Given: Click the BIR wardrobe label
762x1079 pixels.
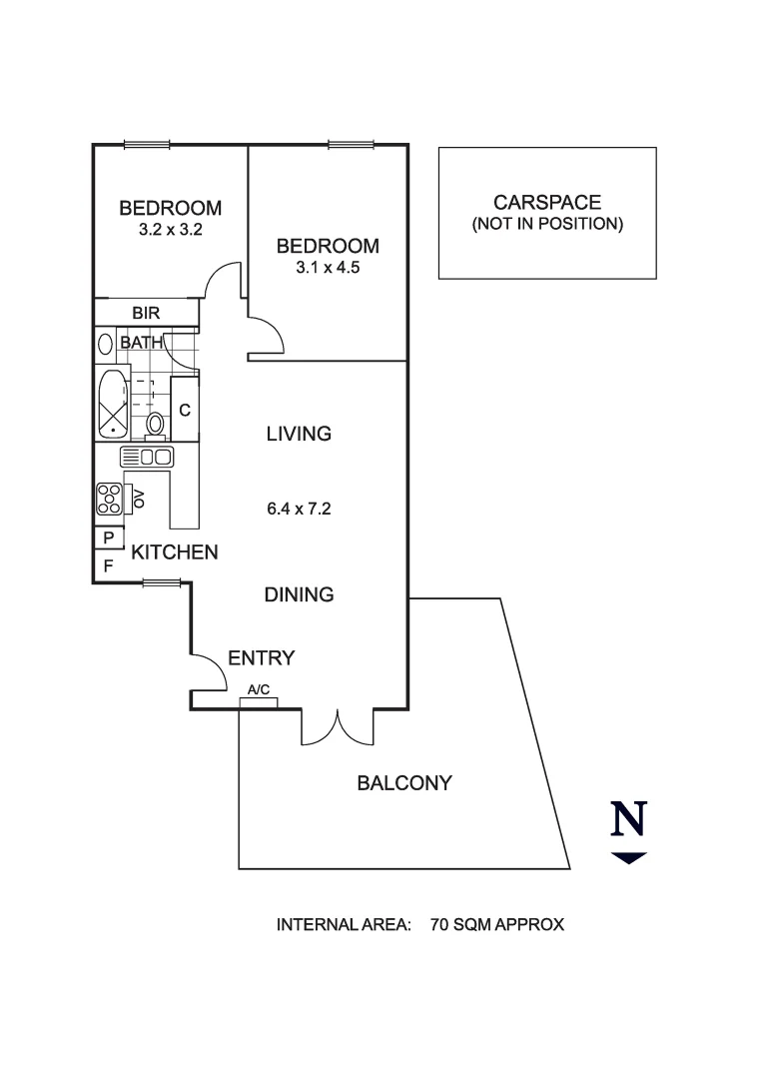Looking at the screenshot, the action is pos(146,313).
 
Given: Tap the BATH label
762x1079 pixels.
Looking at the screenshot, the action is pos(142,342).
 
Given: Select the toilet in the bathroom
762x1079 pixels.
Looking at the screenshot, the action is pos(156,426).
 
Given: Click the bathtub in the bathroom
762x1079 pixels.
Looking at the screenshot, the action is pos(112,405).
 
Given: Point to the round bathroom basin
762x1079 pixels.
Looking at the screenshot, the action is pos(105,344).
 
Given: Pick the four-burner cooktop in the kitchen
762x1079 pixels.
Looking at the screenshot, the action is pos(109,499).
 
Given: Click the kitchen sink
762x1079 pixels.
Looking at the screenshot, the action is pos(147,457).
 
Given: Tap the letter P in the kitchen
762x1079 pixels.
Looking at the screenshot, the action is pos(109,539).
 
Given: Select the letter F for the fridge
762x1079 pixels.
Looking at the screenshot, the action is pos(108,566).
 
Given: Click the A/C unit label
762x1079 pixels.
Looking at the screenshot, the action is pos(259,689).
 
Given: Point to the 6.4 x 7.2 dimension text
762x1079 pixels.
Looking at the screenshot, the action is pos(300,509).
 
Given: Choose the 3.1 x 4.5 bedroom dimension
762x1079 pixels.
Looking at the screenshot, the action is pos(328,267).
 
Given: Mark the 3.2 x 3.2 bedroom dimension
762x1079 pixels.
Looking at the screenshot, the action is pos(171,229).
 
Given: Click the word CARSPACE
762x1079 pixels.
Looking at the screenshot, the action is pos(547,202).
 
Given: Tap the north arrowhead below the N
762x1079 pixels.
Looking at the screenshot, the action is pos(628,858).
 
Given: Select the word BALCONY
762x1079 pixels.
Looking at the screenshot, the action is pos(404,783).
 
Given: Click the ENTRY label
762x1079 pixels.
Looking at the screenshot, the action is pos(262,657).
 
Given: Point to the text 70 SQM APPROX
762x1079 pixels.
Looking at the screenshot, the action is pos(497,925).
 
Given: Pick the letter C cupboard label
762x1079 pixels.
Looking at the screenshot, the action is pos(185,411).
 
